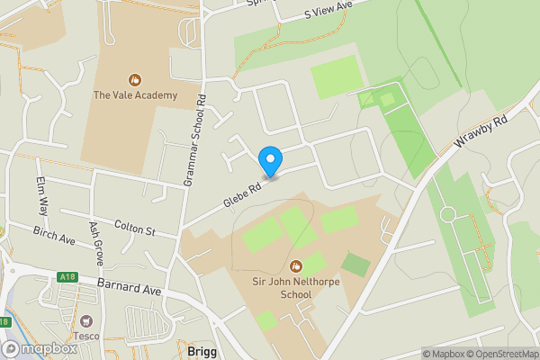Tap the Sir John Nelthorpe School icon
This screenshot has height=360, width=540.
coord(296,265)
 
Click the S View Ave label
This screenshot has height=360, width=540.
coord(328,11)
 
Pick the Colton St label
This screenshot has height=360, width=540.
coord(134,229)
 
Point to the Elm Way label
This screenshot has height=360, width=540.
coord(40,196)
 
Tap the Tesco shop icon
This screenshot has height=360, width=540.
coord(87,321)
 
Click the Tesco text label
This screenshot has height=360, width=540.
coord(86,336)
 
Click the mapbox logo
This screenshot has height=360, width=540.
coord(40,348)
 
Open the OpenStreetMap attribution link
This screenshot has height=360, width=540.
coord(500,354)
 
